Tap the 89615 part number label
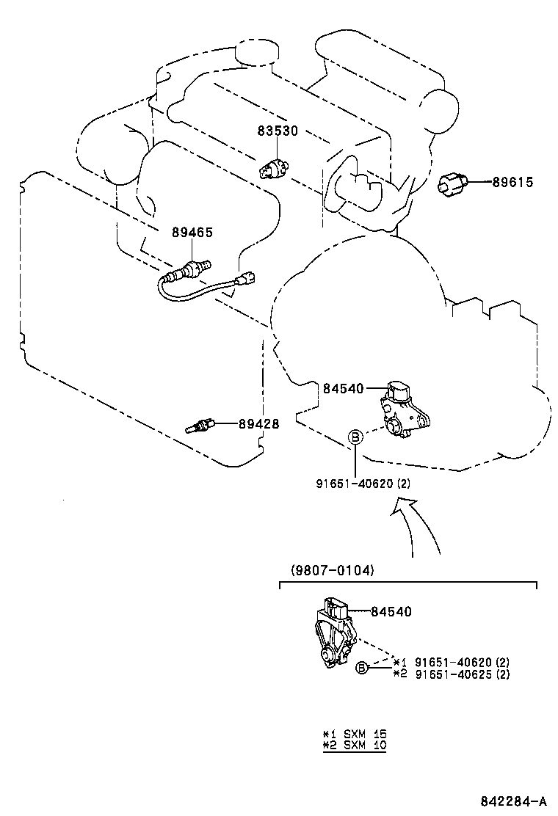point(512,182)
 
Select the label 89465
point(192,232)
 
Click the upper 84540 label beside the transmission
point(342,387)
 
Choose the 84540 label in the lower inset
point(391,611)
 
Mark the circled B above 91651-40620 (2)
point(355,438)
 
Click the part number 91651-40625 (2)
point(463,674)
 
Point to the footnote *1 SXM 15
point(355,734)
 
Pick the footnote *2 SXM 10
point(355,745)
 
